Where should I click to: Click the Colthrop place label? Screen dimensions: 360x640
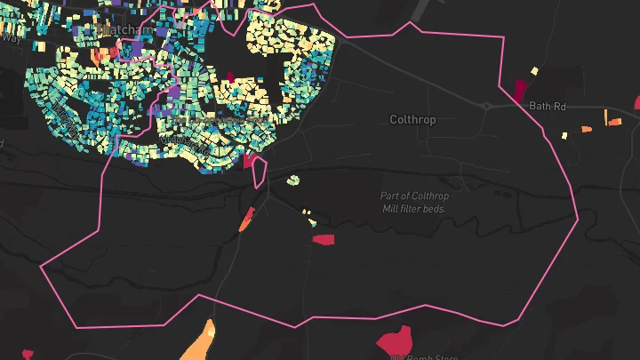pos(413,119)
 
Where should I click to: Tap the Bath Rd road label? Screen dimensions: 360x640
pos(548,106)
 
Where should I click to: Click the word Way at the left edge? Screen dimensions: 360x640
pos(11,38)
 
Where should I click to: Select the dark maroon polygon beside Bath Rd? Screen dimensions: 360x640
pos(520,89)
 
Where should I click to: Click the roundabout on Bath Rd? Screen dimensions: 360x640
pos(486,106)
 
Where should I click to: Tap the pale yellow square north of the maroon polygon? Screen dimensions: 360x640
pos(534,70)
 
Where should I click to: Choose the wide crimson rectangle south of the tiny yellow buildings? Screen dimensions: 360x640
pos(323,239)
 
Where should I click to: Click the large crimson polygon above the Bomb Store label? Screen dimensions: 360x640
pos(395,340)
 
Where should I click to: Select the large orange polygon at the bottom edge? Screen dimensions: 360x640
pos(200,342)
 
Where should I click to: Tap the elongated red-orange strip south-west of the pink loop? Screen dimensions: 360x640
pos(246,220)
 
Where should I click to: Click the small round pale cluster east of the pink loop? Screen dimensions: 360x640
pos(292,180)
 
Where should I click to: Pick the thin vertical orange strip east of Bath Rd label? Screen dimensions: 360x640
pos(606,116)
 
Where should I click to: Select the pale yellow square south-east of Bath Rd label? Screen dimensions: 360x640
pos(564,135)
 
